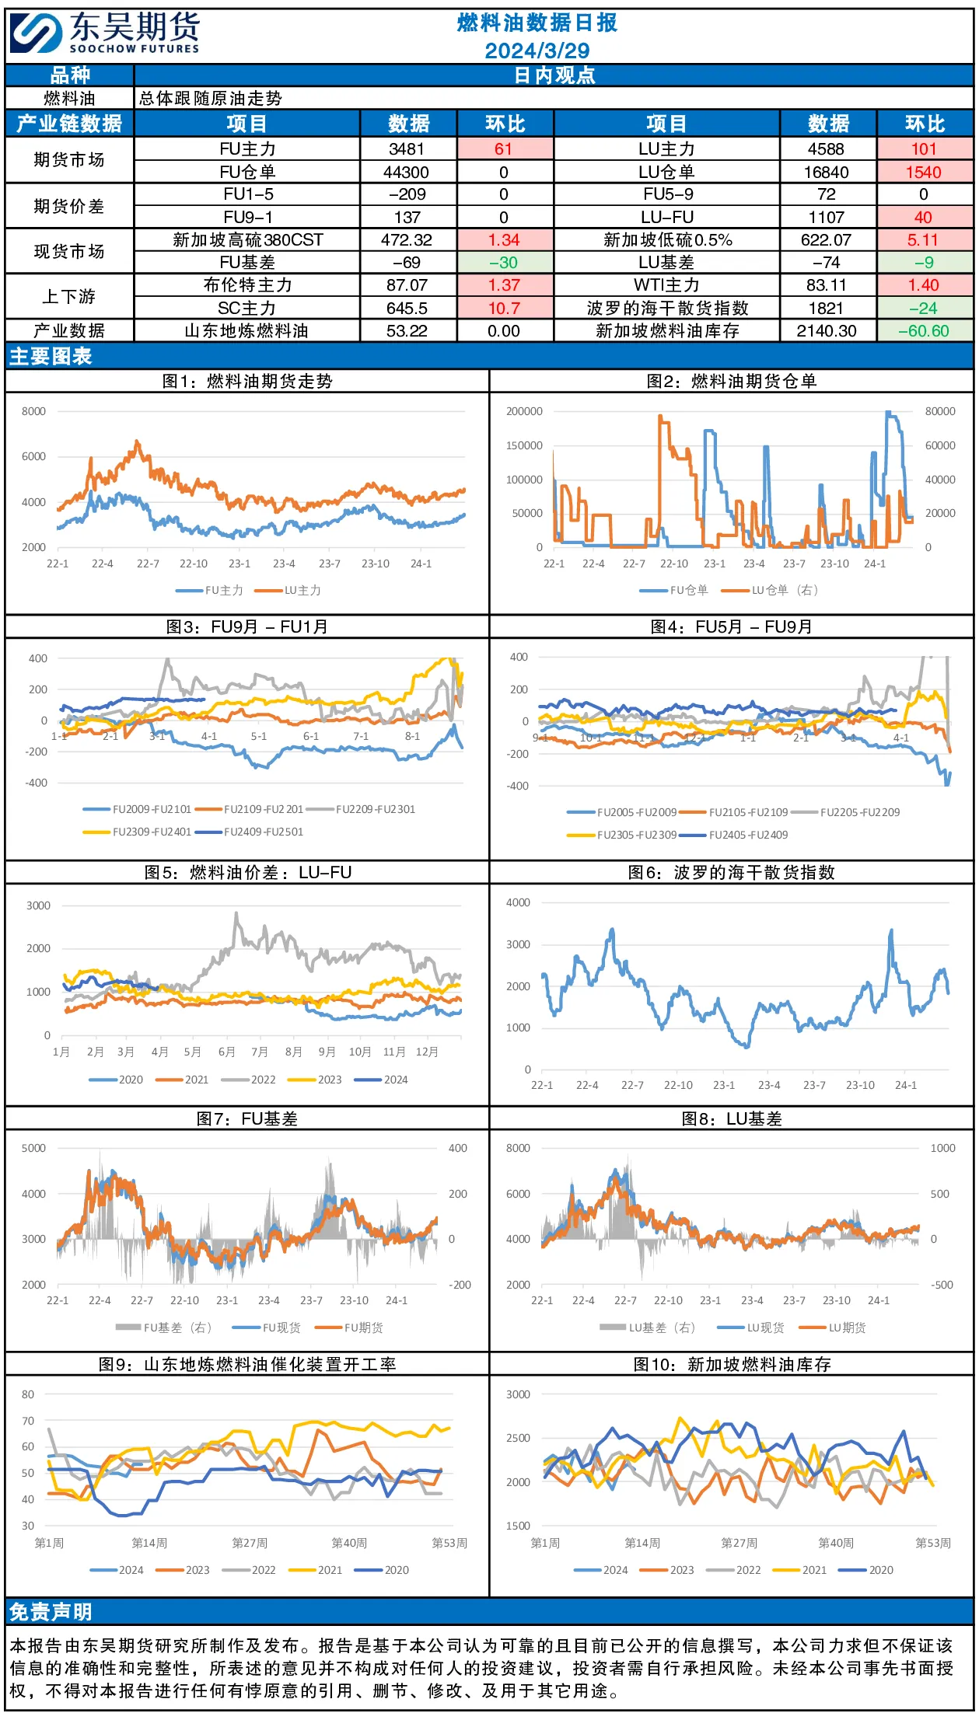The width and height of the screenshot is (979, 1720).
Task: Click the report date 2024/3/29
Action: (537, 51)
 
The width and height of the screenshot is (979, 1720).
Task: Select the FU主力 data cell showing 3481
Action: (407, 149)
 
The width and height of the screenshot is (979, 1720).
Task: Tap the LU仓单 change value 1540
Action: (924, 172)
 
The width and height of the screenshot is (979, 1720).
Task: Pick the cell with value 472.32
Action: (407, 240)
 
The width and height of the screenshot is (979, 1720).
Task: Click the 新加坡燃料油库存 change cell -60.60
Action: (924, 331)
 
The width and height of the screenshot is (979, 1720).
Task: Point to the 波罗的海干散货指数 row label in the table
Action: (667, 309)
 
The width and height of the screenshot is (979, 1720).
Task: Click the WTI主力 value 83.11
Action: (827, 285)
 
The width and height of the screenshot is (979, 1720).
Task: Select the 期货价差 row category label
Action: (69, 206)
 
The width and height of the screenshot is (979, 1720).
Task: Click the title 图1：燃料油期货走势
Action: (247, 381)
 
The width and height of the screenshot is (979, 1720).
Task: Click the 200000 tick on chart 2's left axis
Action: (524, 411)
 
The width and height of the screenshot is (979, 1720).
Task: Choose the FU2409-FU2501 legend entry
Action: (249, 832)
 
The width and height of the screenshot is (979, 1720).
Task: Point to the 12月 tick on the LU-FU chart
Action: (427, 1052)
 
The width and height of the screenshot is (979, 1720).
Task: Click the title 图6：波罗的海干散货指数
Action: (731, 872)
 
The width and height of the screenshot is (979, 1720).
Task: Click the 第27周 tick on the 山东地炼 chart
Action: (250, 1543)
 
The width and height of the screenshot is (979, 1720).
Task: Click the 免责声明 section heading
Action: (51, 1612)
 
